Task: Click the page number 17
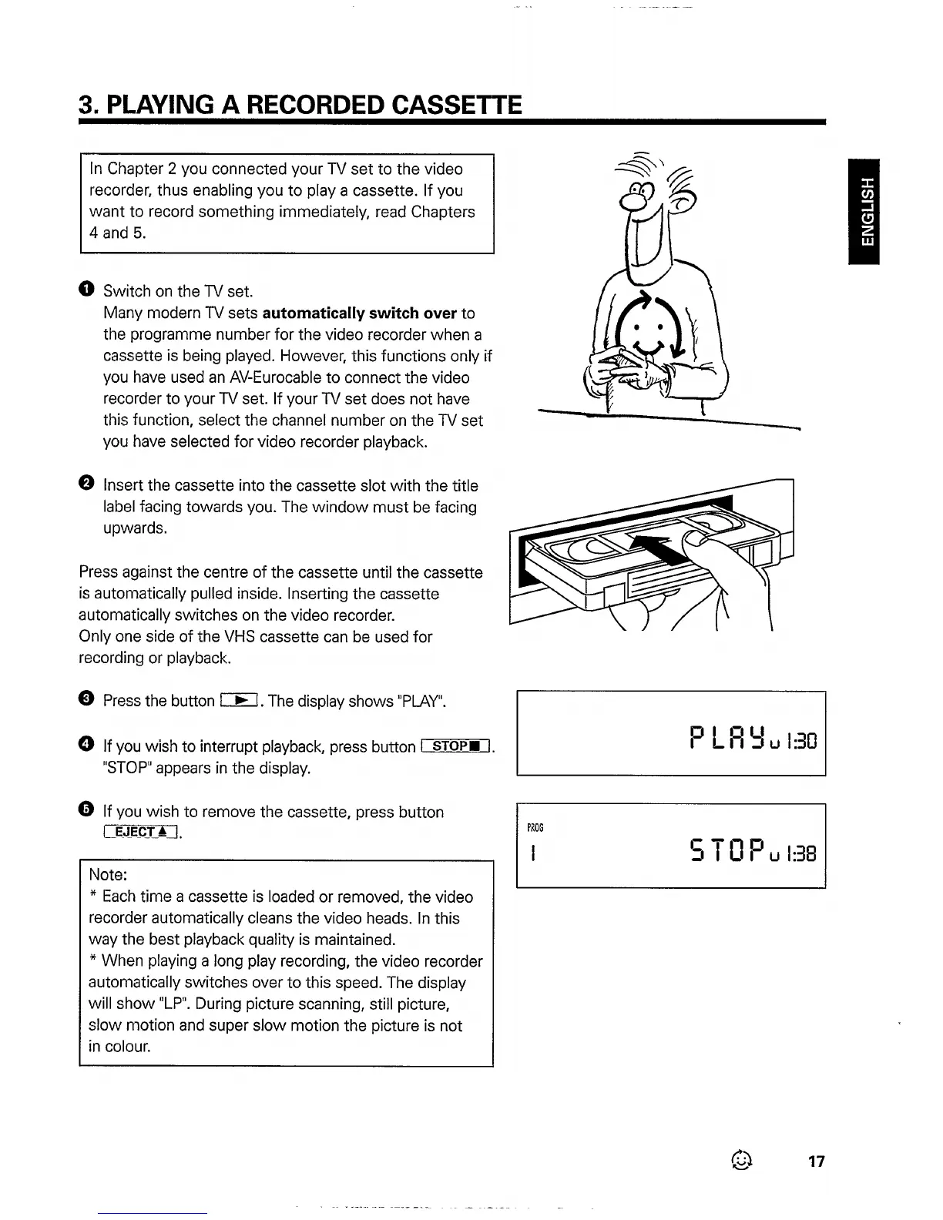817,1161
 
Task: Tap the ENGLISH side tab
868,212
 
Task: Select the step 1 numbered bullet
86,290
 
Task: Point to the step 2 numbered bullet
86,484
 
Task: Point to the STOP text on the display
728,851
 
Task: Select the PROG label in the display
535,828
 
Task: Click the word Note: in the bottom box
108,875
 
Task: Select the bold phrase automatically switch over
360,313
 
